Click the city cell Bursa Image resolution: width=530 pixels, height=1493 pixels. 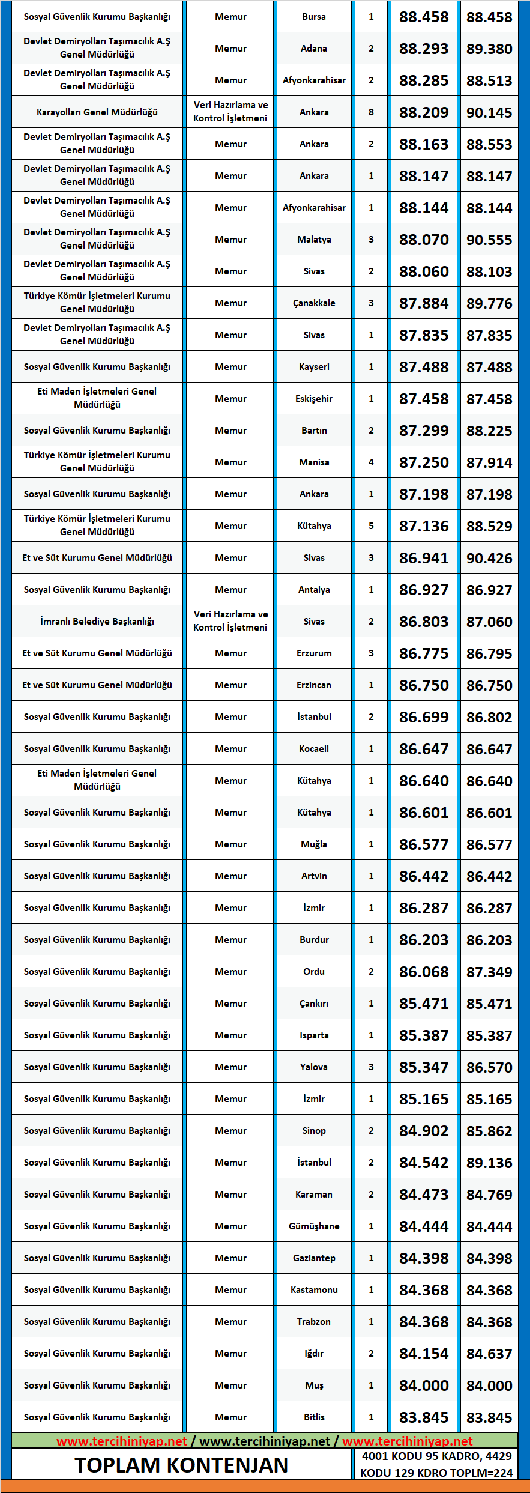(314, 17)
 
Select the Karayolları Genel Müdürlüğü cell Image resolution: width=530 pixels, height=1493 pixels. (97, 112)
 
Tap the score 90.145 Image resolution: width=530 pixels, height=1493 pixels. (489, 113)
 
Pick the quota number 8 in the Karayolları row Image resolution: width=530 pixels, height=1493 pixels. (371, 112)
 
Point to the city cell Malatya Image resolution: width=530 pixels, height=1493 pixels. (314, 240)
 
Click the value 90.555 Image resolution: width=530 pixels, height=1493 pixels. (489, 240)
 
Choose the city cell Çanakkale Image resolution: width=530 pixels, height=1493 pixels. (314, 303)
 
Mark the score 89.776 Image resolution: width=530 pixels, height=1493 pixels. (489, 304)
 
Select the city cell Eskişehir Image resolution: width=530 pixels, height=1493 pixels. (314, 399)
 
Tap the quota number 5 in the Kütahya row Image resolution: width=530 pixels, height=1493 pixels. (371, 526)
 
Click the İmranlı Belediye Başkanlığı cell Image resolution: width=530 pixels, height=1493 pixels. (97, 622)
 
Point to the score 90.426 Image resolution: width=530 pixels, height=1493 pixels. (489, 559)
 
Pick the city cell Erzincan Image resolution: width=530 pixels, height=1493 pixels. (314, 685)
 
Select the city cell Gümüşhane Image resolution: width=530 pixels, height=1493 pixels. (314, 1226)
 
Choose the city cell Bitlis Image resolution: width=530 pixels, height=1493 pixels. (314, 1417)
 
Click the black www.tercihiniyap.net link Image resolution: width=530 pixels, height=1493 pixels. (265, 1441)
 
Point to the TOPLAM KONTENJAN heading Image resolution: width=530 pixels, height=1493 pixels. (181, 1465)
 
